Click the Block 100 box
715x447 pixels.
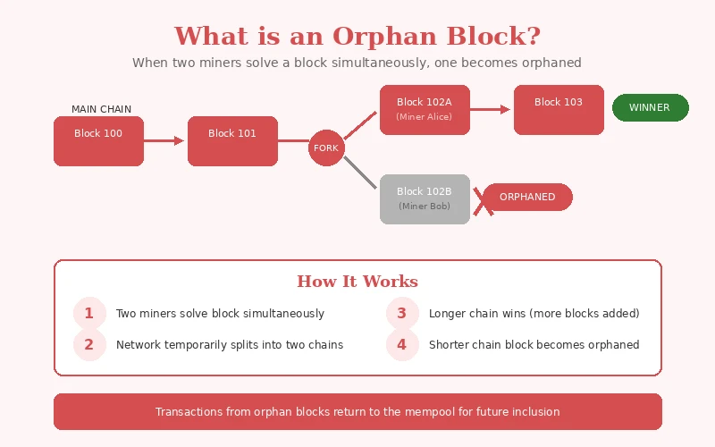[98, 141]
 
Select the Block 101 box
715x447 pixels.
[232, 141]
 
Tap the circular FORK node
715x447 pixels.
[326, 148]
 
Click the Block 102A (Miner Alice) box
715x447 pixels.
[425, 110]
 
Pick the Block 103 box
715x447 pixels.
[559, 110]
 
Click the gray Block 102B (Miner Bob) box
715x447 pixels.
[425, 198]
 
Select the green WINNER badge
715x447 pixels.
[650, 107]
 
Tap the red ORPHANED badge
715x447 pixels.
[527, 197]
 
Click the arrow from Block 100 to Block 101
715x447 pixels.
[165, 140]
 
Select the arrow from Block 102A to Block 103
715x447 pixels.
[491, 109]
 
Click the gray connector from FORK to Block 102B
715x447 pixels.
[360, 172]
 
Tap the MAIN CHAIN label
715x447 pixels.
[101, 109]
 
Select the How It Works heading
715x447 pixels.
[357, 282]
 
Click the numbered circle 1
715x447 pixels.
[88, 313]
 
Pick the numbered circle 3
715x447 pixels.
[402, 313]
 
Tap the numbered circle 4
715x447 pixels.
[402, 344]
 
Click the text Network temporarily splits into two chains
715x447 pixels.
[230, 344]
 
